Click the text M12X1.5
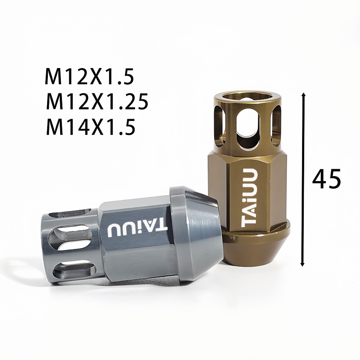pyautogui.click(x=89, y=76)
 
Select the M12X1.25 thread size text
pyautogui.click(x=96, y=102)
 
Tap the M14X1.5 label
pyautogui.click(x=90, y=126)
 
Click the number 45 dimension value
pyautogui.click(x=326, y=179)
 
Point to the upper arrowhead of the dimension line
pyautogui.click(x=303, y=95)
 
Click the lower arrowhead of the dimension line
pyautogui.click(x=303, y=264)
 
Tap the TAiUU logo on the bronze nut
pyautogui.click(x=249, y=196)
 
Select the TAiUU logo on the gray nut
pyautogui.click(x=137, y=229)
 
